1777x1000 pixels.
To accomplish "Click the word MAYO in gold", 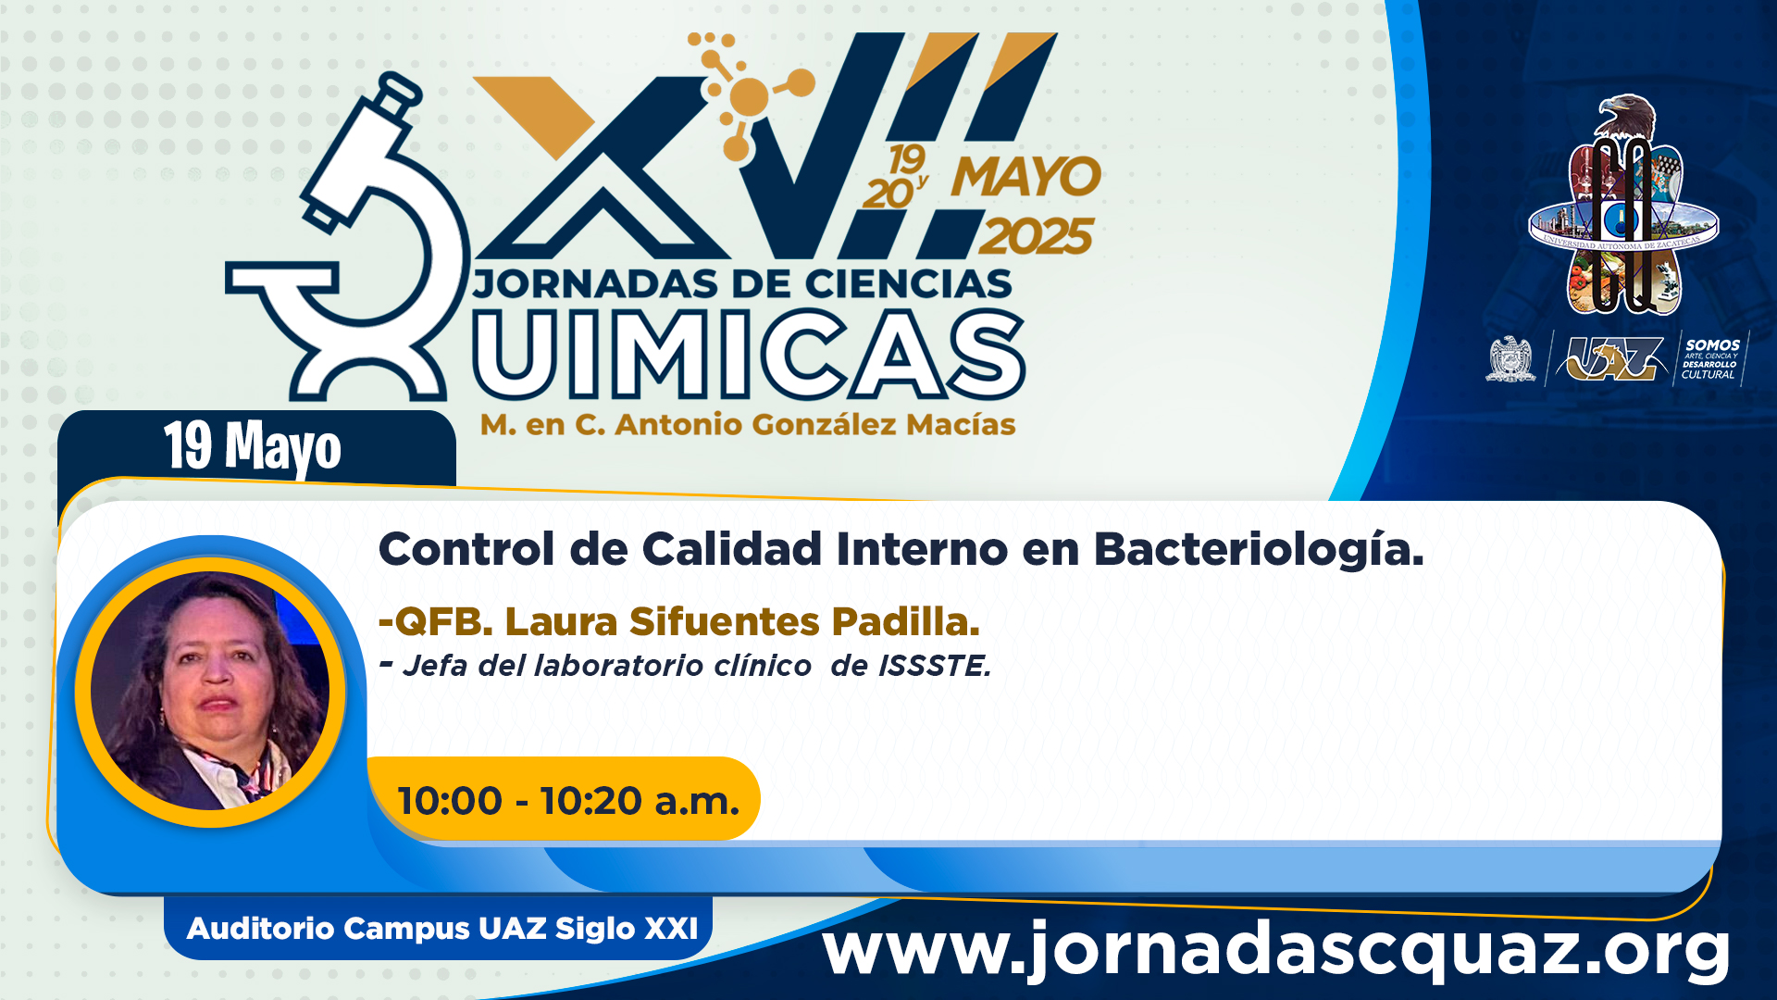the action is click(1026, 177).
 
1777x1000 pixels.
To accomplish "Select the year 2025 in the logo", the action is click(1037, 237).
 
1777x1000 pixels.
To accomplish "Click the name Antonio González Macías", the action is click(815, 425).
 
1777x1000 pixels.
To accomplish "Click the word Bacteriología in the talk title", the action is click(1259, 550).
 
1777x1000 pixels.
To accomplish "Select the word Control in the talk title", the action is click(467, 549).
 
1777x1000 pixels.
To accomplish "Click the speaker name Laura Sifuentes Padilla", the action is click(742, 621).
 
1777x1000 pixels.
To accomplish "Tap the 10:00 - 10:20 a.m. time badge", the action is click(565, 799).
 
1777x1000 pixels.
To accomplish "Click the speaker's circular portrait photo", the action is click(210, 691).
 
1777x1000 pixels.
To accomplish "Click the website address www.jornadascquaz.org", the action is click(1277, 950).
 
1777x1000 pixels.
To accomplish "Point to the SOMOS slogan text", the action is click(1711, 358).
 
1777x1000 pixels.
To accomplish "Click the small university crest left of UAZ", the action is click(1510, 359).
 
